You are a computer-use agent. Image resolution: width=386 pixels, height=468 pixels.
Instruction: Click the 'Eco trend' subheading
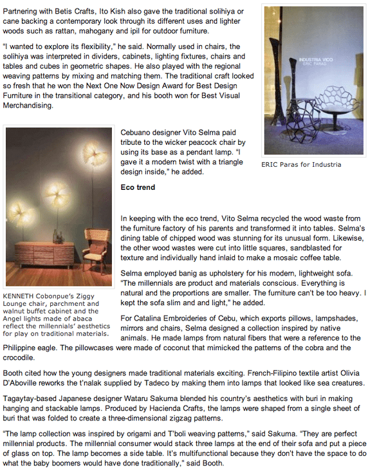pyautogui.click(x=138, y=187)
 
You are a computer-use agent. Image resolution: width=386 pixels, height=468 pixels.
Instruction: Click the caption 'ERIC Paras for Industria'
pyautogui.click(x=301, y=165)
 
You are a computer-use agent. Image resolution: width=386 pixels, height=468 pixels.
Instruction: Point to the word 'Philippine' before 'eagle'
pyautogui.click(x=23, y=348)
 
